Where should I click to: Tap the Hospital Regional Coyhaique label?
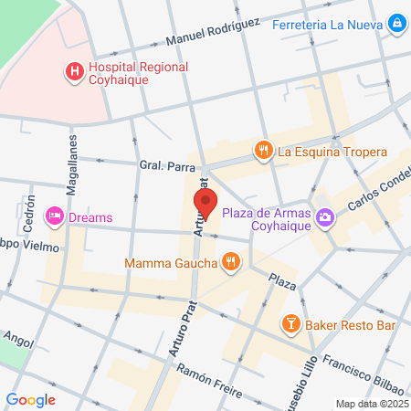(x=137, y=73)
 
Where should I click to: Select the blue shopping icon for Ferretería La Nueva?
(x=397, y=23)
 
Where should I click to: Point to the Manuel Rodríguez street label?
(x=213, y=34)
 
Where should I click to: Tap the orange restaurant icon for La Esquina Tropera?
(x=264, y=150)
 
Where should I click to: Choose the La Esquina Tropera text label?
(x=332, y=152)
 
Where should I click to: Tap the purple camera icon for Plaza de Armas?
(x=326, y=216)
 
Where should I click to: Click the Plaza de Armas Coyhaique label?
(x=268, y=221)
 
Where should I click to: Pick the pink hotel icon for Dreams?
(x=54, y=216)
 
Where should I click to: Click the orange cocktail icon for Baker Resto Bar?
(x=290, y=323)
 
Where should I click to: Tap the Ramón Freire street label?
(x=210, y=383)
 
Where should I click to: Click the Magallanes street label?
(x=71, y=161)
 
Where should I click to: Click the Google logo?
(x=30, y=399)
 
